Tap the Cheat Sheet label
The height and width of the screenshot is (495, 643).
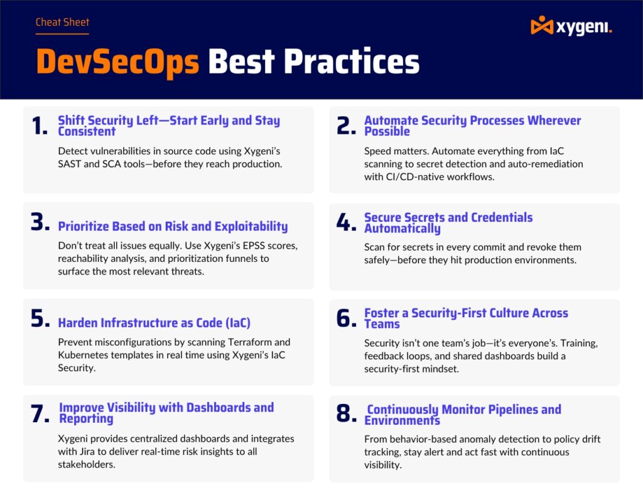click(62, 23)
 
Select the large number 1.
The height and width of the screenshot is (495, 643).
click(38, 126)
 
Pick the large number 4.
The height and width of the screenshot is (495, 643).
click(346, 223)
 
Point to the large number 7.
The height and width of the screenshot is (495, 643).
click(40, 413)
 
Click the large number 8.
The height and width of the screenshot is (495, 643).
click(346, 414)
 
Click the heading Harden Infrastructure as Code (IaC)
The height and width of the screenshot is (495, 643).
click(154, 323)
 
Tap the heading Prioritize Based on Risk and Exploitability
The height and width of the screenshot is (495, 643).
click(173, 227)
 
